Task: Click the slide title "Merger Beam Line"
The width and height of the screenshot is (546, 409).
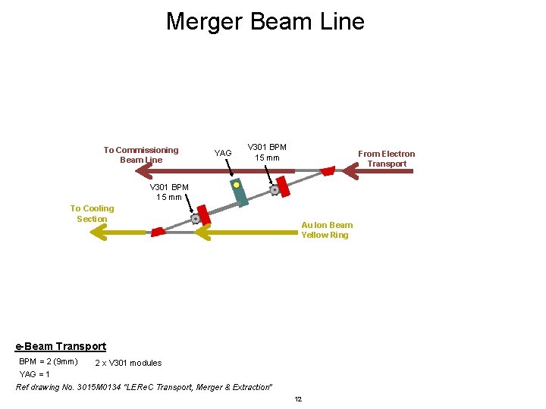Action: point(265,21)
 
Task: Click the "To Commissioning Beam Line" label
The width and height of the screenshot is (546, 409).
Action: point(141,155)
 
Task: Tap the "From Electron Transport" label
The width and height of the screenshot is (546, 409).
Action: point(387,158)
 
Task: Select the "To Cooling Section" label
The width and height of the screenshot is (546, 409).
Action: point(92,214)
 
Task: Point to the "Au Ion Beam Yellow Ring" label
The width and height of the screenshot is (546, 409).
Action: point(326,229)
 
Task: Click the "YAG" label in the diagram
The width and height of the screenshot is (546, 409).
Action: point(223,154)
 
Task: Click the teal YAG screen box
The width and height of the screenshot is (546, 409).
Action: point(240,194)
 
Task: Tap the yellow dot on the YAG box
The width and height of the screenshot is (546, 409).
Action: point(237,185)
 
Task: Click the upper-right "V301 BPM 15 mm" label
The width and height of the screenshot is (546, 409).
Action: point(267,151)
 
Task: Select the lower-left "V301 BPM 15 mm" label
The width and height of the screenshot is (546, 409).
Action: point(169,192)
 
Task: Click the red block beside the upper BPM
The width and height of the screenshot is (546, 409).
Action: point(283,185)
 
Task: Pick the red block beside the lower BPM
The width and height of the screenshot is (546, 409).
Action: point(203,214)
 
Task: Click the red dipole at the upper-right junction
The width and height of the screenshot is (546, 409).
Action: point(327,171)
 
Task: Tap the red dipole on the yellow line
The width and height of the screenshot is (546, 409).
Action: point(158,231)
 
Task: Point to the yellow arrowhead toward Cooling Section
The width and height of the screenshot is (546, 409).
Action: point(99,232)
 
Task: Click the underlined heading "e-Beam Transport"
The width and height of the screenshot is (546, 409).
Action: point(61,346)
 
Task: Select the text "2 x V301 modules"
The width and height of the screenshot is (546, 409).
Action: point(128,364)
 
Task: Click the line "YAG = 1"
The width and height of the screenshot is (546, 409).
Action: point(35,374)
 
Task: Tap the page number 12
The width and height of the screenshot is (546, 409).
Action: point(298,399)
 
